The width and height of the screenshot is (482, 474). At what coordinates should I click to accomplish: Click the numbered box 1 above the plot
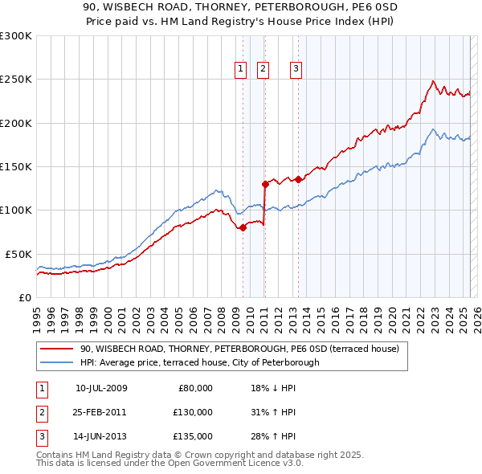[240, 70]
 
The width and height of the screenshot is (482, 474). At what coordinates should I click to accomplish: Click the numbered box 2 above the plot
[263, 70]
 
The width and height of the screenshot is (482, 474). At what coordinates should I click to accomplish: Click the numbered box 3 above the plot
[296, 70]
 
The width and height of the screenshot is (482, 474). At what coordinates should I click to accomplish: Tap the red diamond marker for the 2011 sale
[265, 184]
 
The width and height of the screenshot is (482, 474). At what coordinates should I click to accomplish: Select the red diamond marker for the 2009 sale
[243, 227]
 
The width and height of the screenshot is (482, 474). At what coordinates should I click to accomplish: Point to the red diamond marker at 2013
[298, 179]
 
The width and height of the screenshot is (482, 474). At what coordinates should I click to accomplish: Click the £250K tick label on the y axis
[16, 80]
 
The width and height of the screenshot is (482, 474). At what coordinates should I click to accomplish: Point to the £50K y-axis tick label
[18, 254]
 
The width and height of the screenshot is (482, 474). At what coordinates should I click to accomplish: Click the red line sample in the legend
[57, 349]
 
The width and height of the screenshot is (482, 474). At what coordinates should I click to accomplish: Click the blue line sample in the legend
[57, 362]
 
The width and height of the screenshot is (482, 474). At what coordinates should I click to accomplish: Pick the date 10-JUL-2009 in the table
[101, 388]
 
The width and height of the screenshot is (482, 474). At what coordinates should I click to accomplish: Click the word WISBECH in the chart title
[147, 8]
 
